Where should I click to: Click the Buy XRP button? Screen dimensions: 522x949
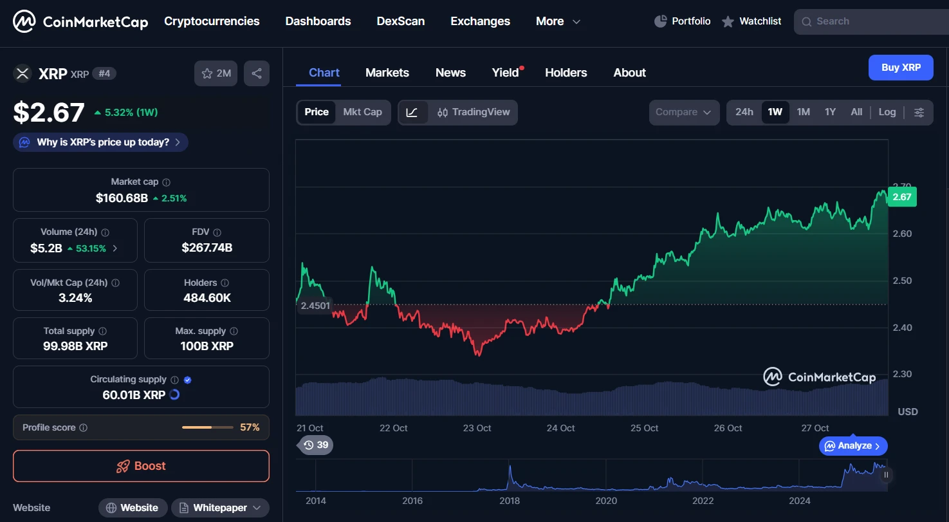(x=900, y=68)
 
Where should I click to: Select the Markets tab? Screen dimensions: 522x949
(x=387, y=73)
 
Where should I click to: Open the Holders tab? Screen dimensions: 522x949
(x=566, y=73)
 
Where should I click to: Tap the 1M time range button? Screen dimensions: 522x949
(x=803, y=112)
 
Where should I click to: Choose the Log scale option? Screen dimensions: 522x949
(x=887, y=112)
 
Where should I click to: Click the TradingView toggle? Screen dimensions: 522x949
(x=474, y=112)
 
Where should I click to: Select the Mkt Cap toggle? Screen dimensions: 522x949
(x=362, y=112)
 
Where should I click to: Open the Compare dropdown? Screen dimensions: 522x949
(x=683, y=112)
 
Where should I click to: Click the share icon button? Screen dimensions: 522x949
(x=257, y=73)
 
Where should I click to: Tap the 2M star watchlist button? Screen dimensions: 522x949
(x=216, y=73)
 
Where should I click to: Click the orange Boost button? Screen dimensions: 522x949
(x=141, y=466)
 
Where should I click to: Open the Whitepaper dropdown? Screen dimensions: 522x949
(x=220, y=508)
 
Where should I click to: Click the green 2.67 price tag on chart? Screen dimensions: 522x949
(x=901, y=197)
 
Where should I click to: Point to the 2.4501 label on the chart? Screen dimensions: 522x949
(x=315, y=305)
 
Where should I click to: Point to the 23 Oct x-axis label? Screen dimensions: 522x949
(x=477, y=428)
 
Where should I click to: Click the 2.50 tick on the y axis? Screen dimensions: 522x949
(x=902, y=281)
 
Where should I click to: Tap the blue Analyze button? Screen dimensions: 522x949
(x=853, y=446)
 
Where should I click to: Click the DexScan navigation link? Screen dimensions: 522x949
(x=400, y=21)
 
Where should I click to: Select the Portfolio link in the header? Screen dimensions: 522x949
(x=683, y=21)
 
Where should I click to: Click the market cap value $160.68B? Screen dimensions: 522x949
(x=122, y=198)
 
